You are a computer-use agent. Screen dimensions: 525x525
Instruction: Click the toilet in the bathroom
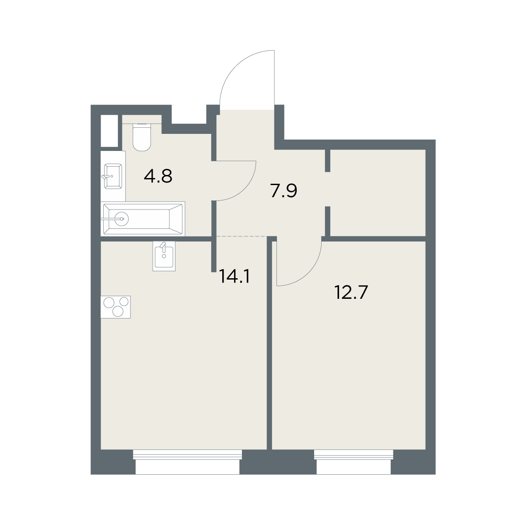(x=142, y=137)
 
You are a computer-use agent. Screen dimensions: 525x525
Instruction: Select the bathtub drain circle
(x=122, y=218)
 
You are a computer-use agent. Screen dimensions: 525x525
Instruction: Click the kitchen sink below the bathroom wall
(x=164, y=256)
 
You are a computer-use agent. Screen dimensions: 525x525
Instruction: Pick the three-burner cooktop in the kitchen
(x=115, y=307)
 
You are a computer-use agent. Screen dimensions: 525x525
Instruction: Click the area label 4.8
(x=158, y=176)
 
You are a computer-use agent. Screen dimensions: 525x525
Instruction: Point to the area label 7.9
(x=283, y=191)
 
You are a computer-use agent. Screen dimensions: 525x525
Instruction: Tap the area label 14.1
(x=234, y=276)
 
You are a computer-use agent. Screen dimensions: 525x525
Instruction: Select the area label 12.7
(x=351, y=292)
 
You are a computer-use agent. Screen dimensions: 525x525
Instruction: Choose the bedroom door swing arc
(x=309, y=273)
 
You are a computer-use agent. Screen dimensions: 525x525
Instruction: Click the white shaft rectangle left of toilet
(x=109, y=131)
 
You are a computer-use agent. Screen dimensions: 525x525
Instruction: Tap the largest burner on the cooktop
(x=109, y=302)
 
